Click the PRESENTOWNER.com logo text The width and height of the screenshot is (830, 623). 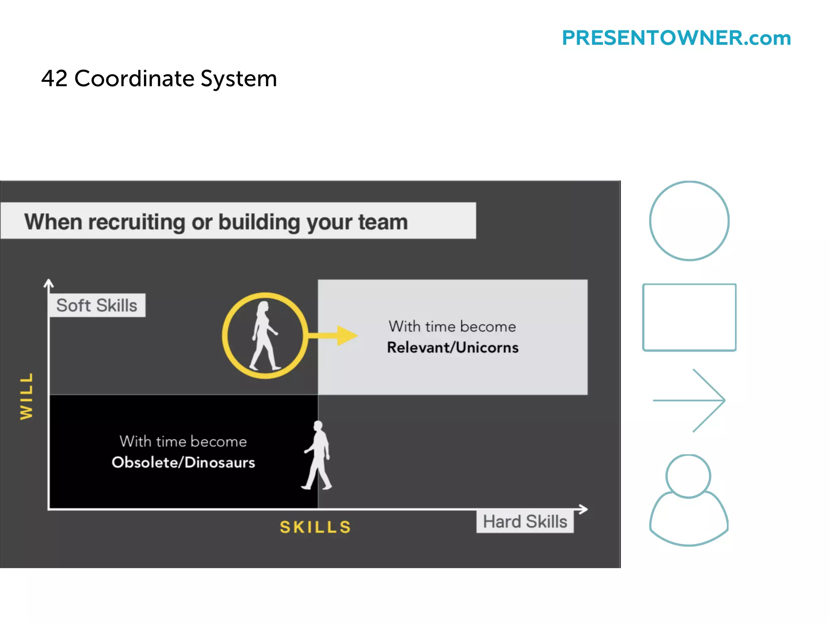[676, 38]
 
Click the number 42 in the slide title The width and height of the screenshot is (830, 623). [54, 78]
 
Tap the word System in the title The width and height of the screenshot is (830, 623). [239, 79]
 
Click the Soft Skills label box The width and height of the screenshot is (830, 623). [97, 305]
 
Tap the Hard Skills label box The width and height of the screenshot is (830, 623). [525, 522]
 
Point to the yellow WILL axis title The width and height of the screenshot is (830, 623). [27, 396]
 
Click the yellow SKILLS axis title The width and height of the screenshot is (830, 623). [315, 527]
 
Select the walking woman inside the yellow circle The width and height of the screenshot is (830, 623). [264, 335]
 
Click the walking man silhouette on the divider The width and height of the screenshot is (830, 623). [318, 455]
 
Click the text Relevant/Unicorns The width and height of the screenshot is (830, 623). [452, 348]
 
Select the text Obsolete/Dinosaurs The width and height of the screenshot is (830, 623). [183, 462]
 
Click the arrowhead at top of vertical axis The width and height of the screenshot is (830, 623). [49, 283]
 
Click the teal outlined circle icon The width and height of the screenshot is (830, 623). [689, 221]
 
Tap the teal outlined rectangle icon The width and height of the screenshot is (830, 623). [689, 317]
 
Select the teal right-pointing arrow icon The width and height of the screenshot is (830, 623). [689, 400]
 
